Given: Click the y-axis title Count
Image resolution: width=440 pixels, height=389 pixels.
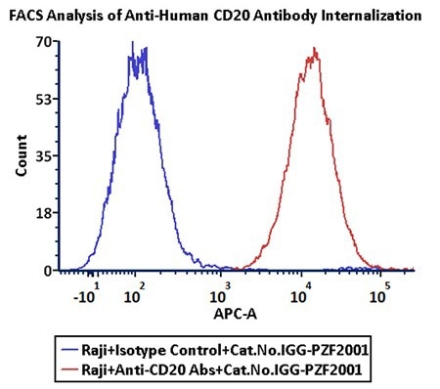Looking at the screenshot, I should point(21,155).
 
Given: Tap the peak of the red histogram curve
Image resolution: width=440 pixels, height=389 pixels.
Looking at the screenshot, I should point(315,49).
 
